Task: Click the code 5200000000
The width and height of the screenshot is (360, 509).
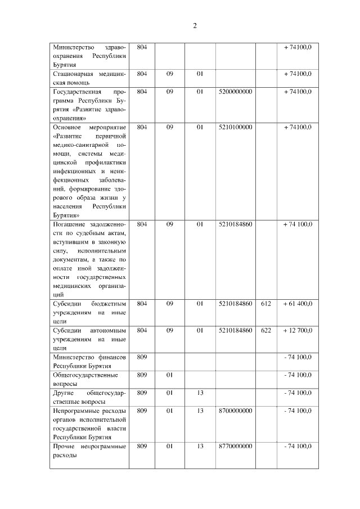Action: (x=235, y=91)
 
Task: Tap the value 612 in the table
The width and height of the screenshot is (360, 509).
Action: (x=266, y=304)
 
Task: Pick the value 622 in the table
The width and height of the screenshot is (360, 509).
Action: (x=266, y=330)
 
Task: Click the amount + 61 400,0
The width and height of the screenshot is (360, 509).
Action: (x=298, y=304)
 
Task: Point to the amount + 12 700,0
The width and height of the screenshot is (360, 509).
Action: (x=298, y=330)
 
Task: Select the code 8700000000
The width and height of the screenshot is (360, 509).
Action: (x=235, y=411)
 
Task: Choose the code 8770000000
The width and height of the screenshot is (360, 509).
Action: (x=235, y=446)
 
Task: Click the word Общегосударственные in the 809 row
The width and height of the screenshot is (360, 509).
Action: (x=85, y=375)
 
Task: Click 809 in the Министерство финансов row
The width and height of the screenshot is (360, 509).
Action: (x=142, y=357)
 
